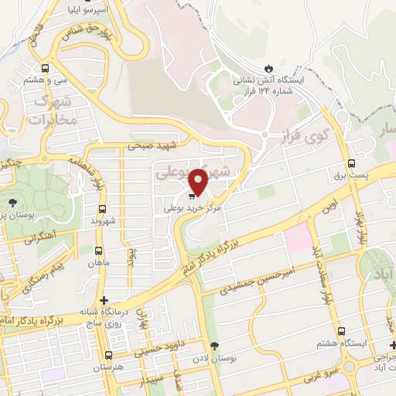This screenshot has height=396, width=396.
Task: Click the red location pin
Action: pyautogui.click(x=198, y=181)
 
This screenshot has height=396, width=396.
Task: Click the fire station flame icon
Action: pyautogui.click(x=268, y=68)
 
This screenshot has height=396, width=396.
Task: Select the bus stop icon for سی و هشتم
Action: pyautogui.click(x=46, y=67)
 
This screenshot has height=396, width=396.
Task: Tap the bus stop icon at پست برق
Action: pyautogui.click(x=352, y=163)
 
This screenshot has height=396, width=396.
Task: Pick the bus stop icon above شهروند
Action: pyautogui.click(x=103, y=209)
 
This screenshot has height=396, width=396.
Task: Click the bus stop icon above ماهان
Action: pyautogui.click(x=98, y=251)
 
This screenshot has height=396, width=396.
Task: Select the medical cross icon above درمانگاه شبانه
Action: pyautogui.click(x=105, y=301)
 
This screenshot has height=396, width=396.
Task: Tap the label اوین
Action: pyautogui.click(x=329, y=207)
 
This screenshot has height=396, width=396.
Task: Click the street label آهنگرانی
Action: pyautogui.click(x=39, y=240)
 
